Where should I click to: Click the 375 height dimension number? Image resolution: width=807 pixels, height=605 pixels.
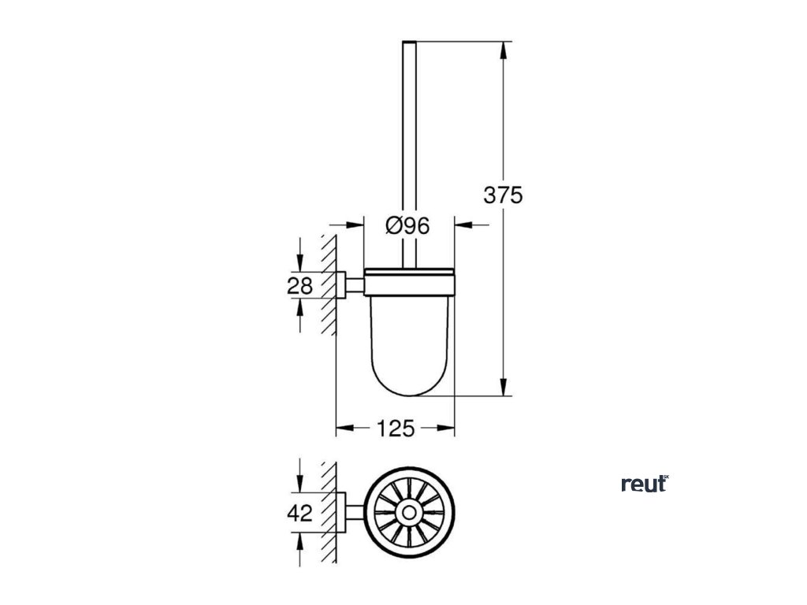tap(503, 195)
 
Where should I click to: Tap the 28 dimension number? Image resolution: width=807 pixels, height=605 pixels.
tap(299, 285)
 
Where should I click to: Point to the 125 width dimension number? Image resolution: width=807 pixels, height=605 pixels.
tap(396, 429)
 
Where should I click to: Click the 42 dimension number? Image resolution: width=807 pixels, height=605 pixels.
tap(299, 514)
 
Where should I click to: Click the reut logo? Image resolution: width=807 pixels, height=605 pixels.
tap(644, 484)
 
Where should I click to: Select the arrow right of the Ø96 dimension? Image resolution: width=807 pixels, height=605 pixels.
tap(463, 226)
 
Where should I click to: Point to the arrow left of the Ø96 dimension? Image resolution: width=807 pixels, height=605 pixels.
tap(354, 226)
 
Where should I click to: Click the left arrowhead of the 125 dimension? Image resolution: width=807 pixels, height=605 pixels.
tap(343, 429)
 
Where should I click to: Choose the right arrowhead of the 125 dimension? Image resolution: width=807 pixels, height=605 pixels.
tap(449, 429)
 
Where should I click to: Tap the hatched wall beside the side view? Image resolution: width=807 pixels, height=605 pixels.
tap(329, 284)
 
